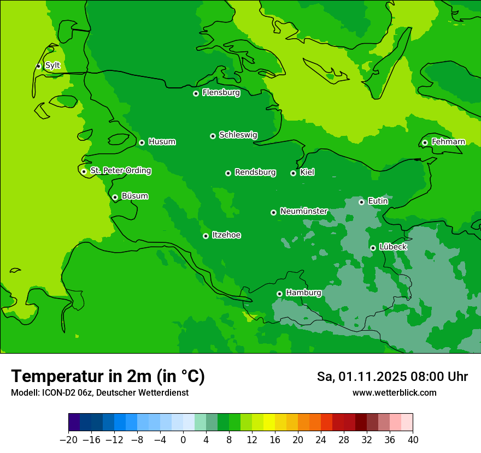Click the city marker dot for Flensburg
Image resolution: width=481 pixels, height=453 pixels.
click(x=196, y=93)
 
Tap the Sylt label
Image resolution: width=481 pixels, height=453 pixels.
click(x=52, y=65)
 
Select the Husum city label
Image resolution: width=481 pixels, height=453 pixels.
click(x=162, y=142)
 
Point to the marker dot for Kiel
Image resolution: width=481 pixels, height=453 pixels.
click(x=293, y=173)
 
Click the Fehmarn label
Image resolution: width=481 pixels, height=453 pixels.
click(x=448, y=142)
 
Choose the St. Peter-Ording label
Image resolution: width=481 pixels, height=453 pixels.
click(x=121, y=171)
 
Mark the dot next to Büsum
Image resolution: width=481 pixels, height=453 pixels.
click(x=115, y=197)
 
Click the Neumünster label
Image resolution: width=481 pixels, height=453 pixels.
click(x=304, y=211)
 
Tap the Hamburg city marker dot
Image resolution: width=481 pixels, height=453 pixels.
click(x=279, y=294)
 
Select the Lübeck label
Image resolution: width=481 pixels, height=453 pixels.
click(x=393, y=247)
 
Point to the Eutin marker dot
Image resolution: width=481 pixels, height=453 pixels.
click(x=361, y=202)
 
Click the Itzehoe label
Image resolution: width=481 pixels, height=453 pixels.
click(x=226, y=235)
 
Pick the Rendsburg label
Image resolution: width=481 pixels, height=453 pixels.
click(x=255, y=172)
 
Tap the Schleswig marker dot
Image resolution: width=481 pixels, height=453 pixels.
click(x=213, y=136)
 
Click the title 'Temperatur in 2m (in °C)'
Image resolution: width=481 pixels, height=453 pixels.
click(x=108, y=376)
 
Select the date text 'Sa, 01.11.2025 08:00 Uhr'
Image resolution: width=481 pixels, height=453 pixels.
click(x=392, y=377)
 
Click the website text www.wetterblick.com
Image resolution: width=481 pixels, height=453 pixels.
click(x=394, y=392)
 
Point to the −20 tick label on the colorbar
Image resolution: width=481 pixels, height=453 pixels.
click(x=68, y=440)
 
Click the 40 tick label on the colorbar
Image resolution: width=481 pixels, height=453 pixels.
click(x=413, y=440)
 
